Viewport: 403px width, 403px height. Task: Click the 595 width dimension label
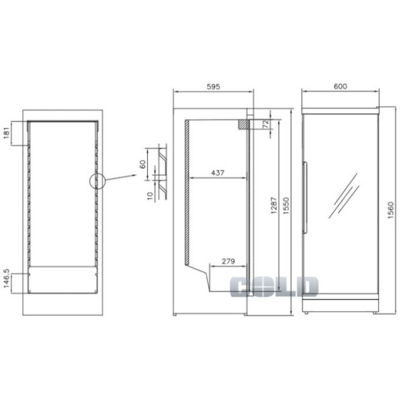[x=214, y=87]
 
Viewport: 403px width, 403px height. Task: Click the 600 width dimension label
[x=340, y=86]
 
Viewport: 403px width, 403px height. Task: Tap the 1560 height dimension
[x=391, y=210]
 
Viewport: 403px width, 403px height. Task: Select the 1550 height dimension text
[x=286, y=206]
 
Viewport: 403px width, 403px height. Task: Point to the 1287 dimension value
[x=274, y=206]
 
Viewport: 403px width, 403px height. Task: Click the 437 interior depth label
[x=218, y=173]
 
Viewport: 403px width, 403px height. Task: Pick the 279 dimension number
[x=228, y=261]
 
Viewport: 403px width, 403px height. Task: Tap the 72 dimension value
[x=267, y=124]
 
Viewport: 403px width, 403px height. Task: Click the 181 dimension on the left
[x=7, y=133]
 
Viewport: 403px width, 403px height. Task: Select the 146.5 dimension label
[x=7, y=279]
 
